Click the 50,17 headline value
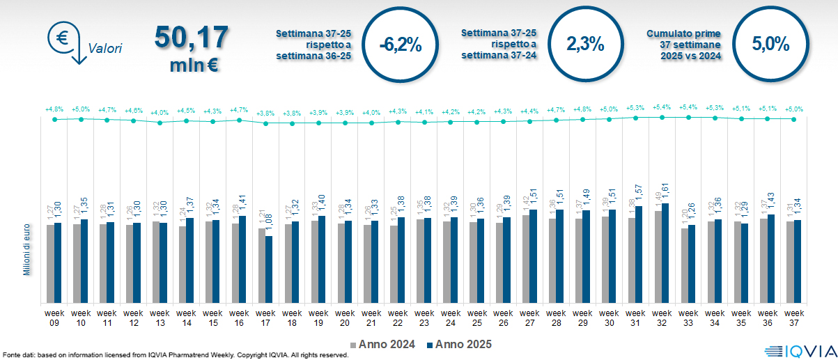(x=192, y=38)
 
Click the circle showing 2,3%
(x=585, y=44)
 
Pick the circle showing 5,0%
(x=770, y=44)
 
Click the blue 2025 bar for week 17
(x=269, y=269)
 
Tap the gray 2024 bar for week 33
(x=684, y=265)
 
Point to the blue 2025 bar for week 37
(x=798, y=261)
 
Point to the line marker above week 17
(x=265, y=123)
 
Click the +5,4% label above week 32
(x=662, y=108)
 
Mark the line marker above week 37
(x=794, y=119)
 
